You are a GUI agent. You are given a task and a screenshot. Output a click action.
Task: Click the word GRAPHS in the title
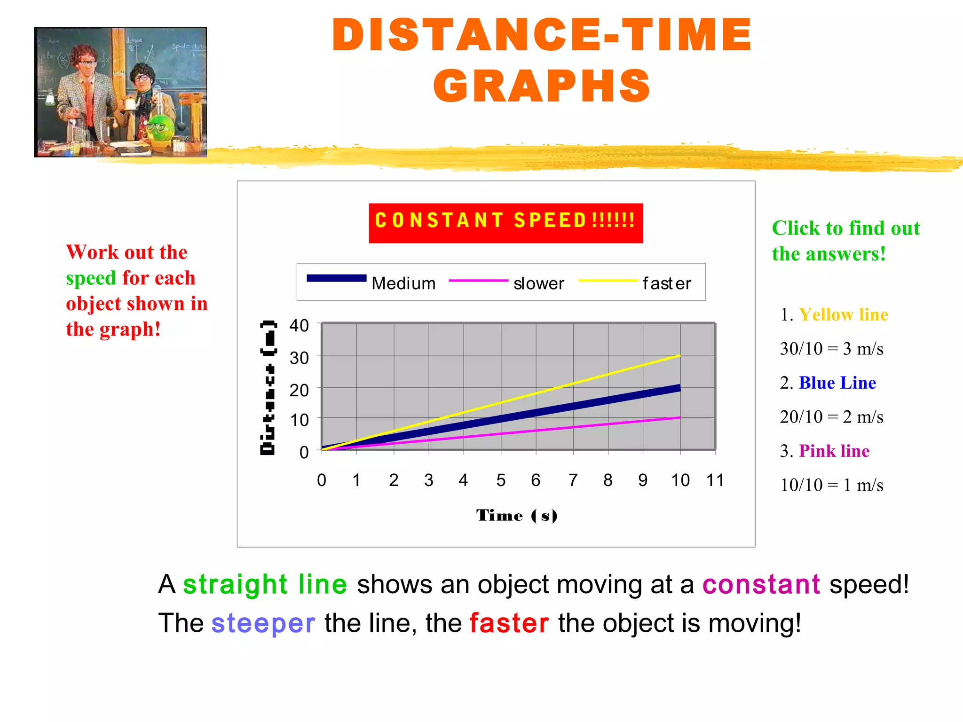pyautogui.click(x=542, y=86)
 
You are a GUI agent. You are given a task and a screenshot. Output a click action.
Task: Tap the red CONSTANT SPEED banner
pyautogui.click(x=505, y=223)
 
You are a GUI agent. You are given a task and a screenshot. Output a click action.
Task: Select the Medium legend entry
pyautogui.click(x=403, y=283)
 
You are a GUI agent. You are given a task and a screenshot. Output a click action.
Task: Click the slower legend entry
pyautogui.click(x=538, y=283)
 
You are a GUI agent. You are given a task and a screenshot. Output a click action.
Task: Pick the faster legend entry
pyautogui.click(x=666, y=283)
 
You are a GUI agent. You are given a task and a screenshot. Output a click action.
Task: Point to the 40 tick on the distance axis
pyautogui.click(x=299, y=325)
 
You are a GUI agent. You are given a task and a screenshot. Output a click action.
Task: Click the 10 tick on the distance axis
pyautogui.click(x=299, y=420)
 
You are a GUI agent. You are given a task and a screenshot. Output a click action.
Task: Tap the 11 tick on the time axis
pyautogui.click(x=715, y=480)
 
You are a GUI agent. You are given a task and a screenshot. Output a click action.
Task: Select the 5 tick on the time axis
pyautogui.click(x=501, y=480)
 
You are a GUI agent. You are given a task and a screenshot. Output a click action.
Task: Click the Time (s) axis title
pyautogui.click(x=516, y=516)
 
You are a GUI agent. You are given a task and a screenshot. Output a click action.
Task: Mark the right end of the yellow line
pyautogui.click(x=679, y=356)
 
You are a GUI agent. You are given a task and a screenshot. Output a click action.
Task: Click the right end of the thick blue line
pyautogui.click(x=679, y=388)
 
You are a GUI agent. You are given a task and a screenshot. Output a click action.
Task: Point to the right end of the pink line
pyautogui.click(x=679, y=417)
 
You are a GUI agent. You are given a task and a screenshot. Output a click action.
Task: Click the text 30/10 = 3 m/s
pyautogui.click(x=831, y=349)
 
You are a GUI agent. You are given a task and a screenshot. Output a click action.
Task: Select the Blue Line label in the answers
pyautogui.click(x=837, y=383)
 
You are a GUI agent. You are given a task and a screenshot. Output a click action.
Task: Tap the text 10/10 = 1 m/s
pyautogui.click(x=831, y=485)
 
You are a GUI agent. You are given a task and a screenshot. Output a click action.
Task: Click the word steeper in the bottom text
pyautogui.click(x=263, y=623)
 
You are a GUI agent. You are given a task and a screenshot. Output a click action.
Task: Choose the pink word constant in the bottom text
pyautogui.click(x=761, y=584)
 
